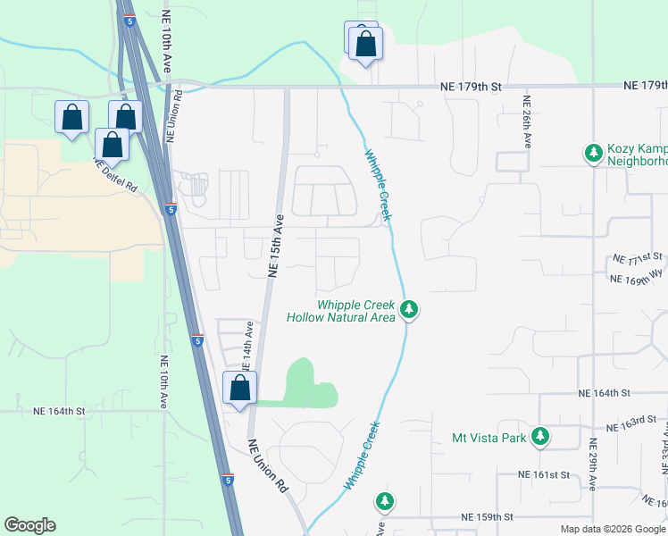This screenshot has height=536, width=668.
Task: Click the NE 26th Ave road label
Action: (x=528, y=121)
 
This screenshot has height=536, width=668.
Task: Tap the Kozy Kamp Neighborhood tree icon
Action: (x=593, y=154)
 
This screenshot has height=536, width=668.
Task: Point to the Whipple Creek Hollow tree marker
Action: (x=409, y=309)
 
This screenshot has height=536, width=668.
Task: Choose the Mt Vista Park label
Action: (x=490, y=438)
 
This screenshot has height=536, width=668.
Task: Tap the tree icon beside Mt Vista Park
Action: (x=539, y=437)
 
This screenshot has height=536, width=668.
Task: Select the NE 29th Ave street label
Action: (x=593, y=464)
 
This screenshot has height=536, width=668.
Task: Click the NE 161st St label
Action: (x=548, y=475)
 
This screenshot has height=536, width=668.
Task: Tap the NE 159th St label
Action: (x=488, y=517)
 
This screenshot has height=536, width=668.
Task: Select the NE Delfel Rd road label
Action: (x=116, y=176)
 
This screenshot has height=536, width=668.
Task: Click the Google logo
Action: (x=29, y=525)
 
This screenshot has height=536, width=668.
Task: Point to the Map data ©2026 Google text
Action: (x=612, y=529)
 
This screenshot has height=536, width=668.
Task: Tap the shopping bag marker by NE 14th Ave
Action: (x=239, y=389)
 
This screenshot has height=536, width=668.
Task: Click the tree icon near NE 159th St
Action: (x=385, y=501)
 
